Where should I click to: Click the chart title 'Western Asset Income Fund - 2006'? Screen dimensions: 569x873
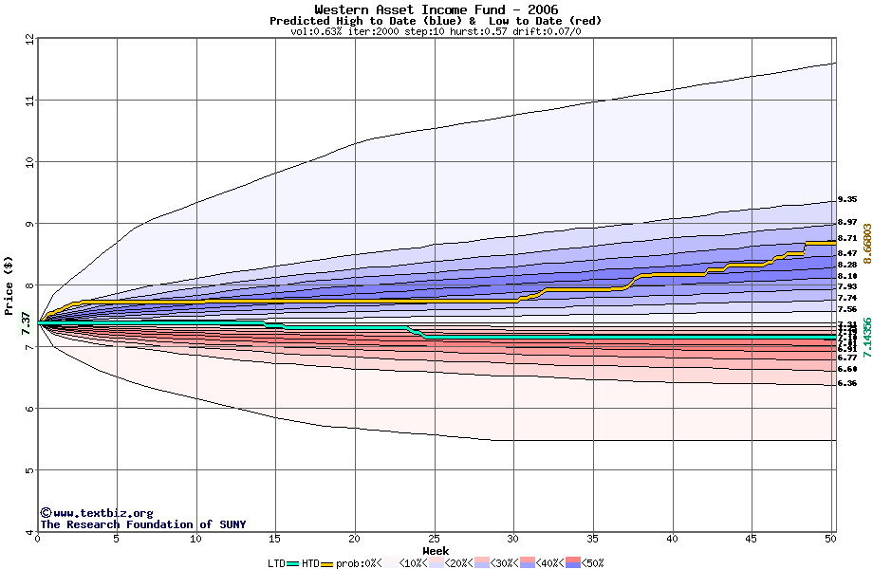(x=436, y=9)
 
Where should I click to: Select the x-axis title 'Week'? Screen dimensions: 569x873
(x=436, y=551)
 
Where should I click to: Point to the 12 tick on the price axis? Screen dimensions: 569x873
(x=29, y=39)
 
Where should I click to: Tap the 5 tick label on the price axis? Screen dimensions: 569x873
(x=29, y=470)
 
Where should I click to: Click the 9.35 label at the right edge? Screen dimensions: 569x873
(x=847, y=200)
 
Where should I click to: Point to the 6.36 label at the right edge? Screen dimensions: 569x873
(x=847, y=383)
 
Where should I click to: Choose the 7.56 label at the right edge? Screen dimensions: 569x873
(x=847, y=309)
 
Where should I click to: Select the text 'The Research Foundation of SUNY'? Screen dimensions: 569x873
(x=142, y=524)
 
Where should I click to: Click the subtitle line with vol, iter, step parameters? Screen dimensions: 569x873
(x=436, y=31)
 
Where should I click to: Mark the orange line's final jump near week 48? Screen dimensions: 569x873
(x=806, y=248)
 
